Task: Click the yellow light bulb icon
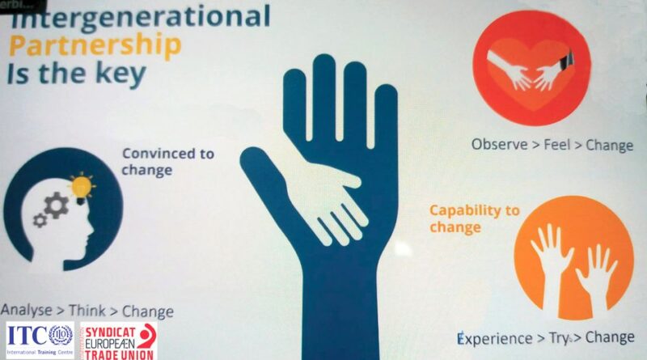[x=82, y=187]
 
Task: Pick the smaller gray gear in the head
[x=40, y=221]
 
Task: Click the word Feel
[x=556, y=145]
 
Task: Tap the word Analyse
[x=27, y=310]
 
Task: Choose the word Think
[x=87, y=311]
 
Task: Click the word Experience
[x=495, y=338]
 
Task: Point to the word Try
[x=559, y=338]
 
